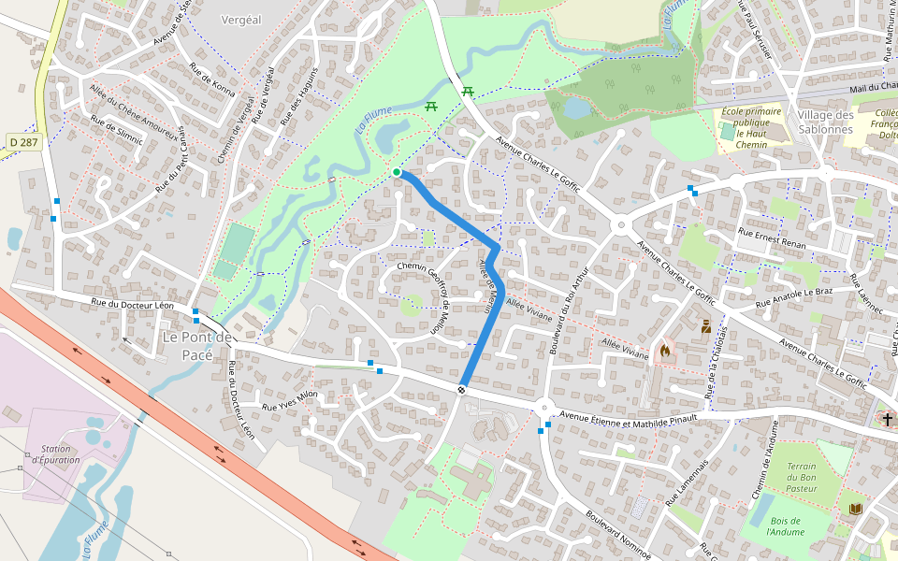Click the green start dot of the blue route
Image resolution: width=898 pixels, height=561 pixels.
(x=397, y=172)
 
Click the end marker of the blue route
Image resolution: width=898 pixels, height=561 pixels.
(x=462, y=389)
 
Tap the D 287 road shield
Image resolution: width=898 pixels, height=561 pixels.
(x=24, y=142)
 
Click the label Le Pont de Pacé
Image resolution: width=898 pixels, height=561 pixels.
(x=197, y=345)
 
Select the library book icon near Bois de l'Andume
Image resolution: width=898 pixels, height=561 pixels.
(x=856, y=509)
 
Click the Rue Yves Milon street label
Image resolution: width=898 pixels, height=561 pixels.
(x=290, y=400)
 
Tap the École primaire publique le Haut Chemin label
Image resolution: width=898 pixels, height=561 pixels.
(x=751, y=128)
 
